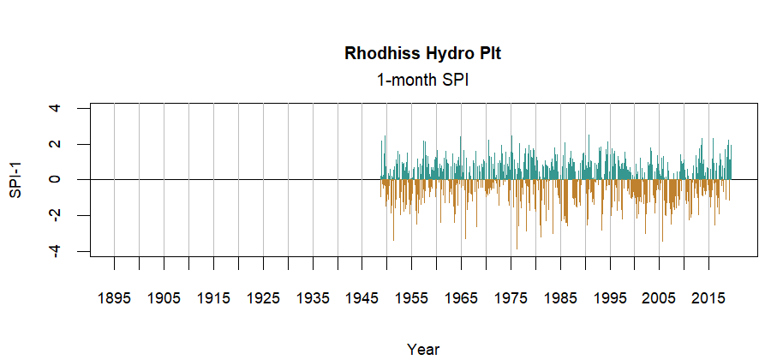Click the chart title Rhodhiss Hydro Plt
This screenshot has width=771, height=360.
[423, 53]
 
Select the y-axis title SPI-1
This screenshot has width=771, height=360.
[15, 179]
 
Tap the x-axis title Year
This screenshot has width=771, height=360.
[423, 349]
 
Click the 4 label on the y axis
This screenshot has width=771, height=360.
[56, 108]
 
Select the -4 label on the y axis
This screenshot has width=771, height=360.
[56, 250]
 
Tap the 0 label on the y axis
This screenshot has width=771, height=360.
[56, 179]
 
